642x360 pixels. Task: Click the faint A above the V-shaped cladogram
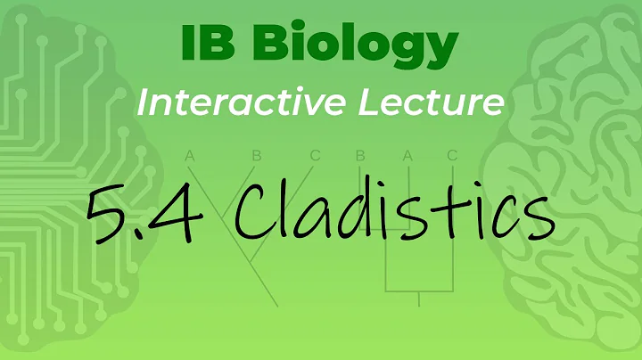pyautogui.click(x=189, y=156)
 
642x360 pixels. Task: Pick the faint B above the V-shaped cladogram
pyautogui.click(x=256, y=156)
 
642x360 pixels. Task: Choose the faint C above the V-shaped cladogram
pyautogui.click(x=315, y=156)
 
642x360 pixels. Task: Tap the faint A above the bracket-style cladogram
pyautogui.click(x=407, y=156)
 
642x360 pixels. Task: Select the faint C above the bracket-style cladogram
pyautogui.click(x=452, y=156)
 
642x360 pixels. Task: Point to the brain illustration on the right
pyautogui.click(x=571, y=178)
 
